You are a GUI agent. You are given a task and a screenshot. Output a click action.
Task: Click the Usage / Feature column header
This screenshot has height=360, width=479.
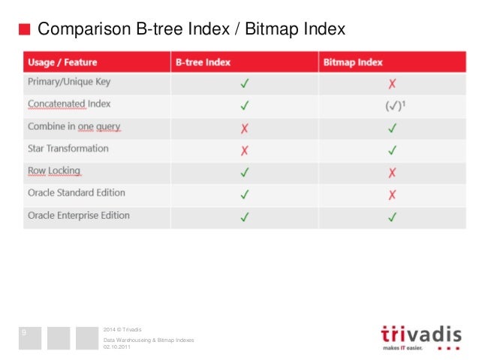pos(62,62)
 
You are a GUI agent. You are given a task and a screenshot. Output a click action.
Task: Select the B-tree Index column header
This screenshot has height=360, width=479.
pos(203,62)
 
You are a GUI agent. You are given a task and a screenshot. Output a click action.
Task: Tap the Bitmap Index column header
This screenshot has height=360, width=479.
pos(353,62)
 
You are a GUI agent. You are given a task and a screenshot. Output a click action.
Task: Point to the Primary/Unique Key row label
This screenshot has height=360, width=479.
pos(71,83)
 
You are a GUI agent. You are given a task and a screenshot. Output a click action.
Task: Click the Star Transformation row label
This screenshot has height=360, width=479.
pos(68,149)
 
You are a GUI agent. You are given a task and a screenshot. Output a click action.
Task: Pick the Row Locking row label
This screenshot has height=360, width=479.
pos(54,171)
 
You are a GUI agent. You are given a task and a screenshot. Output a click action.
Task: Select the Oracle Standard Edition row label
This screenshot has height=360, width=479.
pos(77,193)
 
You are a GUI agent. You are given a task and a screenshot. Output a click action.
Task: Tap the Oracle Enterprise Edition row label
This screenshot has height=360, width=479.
pos(79,216)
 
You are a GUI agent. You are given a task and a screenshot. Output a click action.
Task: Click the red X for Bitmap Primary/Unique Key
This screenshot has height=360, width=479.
pos(391,84)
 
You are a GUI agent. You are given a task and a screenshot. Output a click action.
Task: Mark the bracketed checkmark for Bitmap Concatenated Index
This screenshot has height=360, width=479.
pos(391,106)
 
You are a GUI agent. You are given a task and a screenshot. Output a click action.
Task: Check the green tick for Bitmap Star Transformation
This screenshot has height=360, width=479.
pos(391,150)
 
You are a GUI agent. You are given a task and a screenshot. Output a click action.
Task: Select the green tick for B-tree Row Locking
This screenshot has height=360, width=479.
pos(244,173)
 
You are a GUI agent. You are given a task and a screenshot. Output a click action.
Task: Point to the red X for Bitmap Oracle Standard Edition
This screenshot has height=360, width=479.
pos(391,195)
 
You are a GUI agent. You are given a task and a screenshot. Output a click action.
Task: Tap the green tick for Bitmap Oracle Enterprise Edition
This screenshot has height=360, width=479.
pos(391,217)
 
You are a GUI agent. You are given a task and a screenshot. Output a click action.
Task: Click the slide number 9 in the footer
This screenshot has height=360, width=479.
pos(25,331)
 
